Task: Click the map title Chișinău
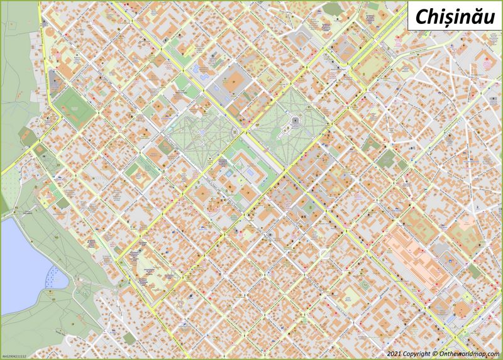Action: [449, 17]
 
